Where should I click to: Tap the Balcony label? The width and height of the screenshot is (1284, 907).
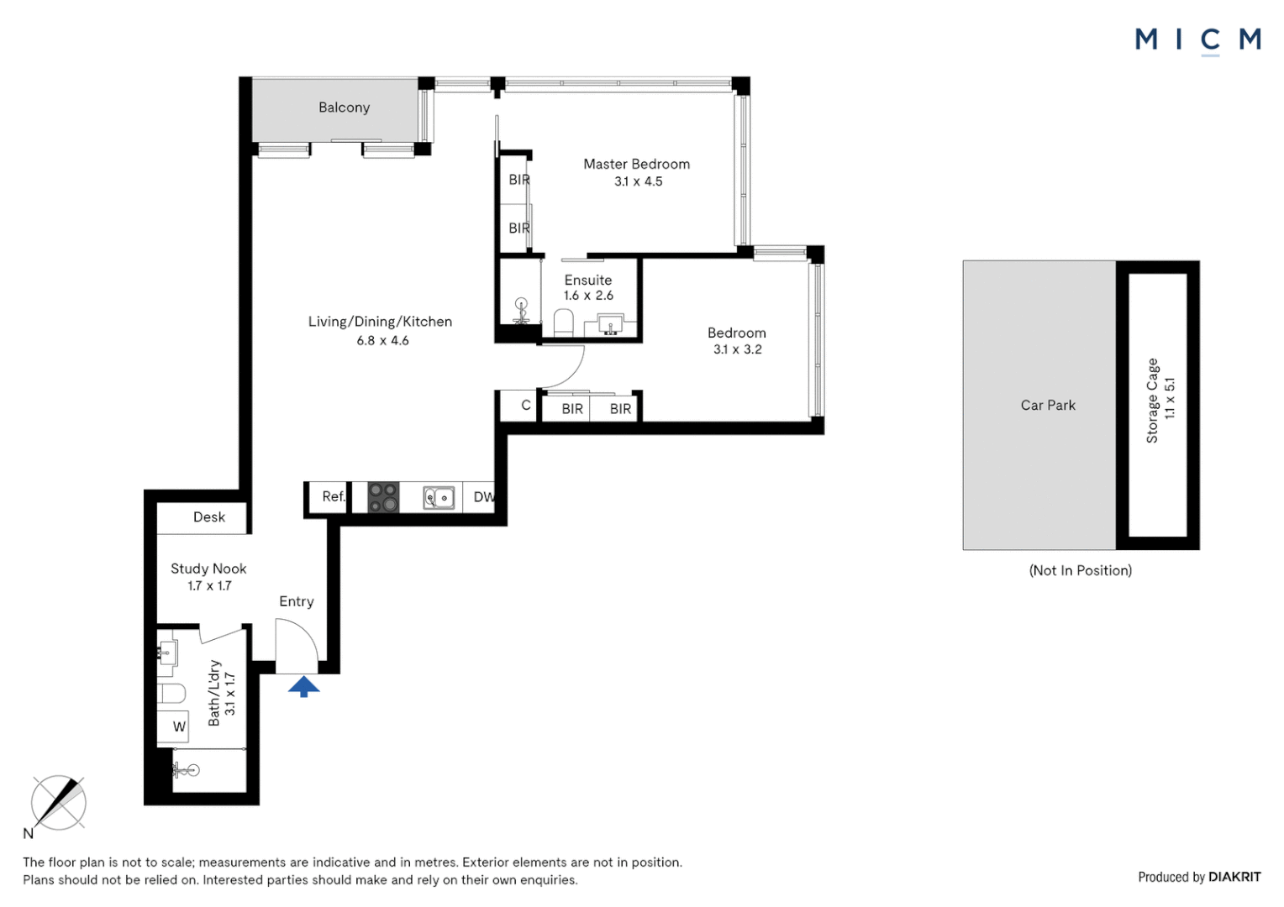344,107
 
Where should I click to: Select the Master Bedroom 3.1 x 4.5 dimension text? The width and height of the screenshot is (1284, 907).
638,181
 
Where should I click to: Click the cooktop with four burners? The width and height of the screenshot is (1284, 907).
383,497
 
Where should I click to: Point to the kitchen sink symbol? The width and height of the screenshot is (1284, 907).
439,498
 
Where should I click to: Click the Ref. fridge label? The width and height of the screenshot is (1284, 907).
334,496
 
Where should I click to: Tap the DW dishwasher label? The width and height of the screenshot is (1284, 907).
483,497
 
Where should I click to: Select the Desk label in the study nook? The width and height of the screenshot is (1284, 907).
209,517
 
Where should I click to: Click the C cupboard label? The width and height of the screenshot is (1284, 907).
526,406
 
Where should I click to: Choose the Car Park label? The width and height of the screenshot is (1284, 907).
1048,406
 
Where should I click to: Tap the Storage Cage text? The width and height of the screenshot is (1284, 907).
1152,401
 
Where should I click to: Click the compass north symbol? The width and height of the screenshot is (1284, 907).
58,803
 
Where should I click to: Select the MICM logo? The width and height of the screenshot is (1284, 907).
1197,39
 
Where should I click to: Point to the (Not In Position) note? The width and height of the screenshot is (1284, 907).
1080,571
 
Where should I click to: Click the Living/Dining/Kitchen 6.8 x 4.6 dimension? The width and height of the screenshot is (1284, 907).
382,341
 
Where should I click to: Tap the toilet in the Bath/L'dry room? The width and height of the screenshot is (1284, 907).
171,694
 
